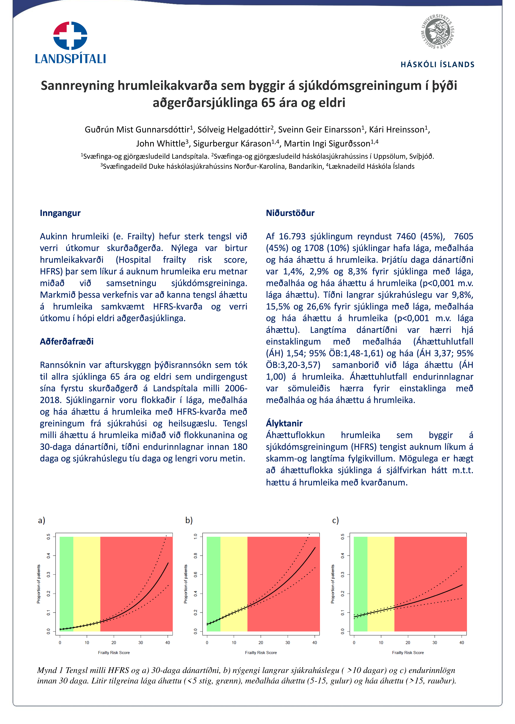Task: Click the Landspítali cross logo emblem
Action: [70, 36]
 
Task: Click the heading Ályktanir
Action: [284, 423]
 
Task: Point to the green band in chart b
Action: [213, 584]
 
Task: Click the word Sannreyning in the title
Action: [77, 86]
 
